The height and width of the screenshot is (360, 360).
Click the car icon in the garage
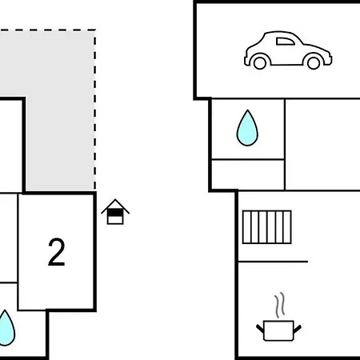click(288, 50)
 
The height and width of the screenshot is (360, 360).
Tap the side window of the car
click(286, 42)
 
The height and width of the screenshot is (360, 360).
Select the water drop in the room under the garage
click(247, 128)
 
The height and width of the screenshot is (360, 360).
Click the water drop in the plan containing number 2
click(6, 328)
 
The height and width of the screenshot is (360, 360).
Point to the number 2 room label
click(57, 252)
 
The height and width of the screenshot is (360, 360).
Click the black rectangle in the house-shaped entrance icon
click(115, 213)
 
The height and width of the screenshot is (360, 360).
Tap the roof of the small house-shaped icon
click(115, 206)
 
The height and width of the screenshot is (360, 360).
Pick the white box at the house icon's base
click(115, 220)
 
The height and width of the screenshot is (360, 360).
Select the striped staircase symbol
click(267, 227)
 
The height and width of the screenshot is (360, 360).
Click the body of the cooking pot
click(278, 330)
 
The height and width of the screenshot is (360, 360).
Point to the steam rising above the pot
click(280, 305)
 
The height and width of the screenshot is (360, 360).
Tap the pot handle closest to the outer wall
click(260, 329)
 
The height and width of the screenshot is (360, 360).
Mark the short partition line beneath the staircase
click(273, 262)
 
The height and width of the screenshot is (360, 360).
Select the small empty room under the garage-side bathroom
click(248, 174)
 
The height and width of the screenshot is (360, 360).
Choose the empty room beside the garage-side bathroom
click(322, 145)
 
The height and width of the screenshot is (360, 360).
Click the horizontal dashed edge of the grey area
click(48, 30)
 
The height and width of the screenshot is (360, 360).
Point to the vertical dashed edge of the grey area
click(94, 110)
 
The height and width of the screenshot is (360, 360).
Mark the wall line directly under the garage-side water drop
click(248, 159)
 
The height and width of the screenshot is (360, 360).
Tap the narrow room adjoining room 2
click(9, 238)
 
